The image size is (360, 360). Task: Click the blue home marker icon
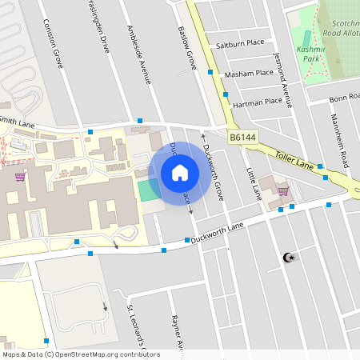[180, 173]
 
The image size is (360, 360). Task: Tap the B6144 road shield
[243, 138]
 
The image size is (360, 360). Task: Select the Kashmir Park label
[310, 54]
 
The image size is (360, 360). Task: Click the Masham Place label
[249, 73]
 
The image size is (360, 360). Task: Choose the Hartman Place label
[257, 102]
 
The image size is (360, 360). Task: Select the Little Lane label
[254, 183]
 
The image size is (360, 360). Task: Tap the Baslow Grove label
[186, 49]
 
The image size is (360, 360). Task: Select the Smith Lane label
[18, 123]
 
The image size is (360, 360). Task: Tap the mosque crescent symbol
[290, 258]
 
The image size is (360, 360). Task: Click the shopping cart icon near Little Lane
[282, 191]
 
